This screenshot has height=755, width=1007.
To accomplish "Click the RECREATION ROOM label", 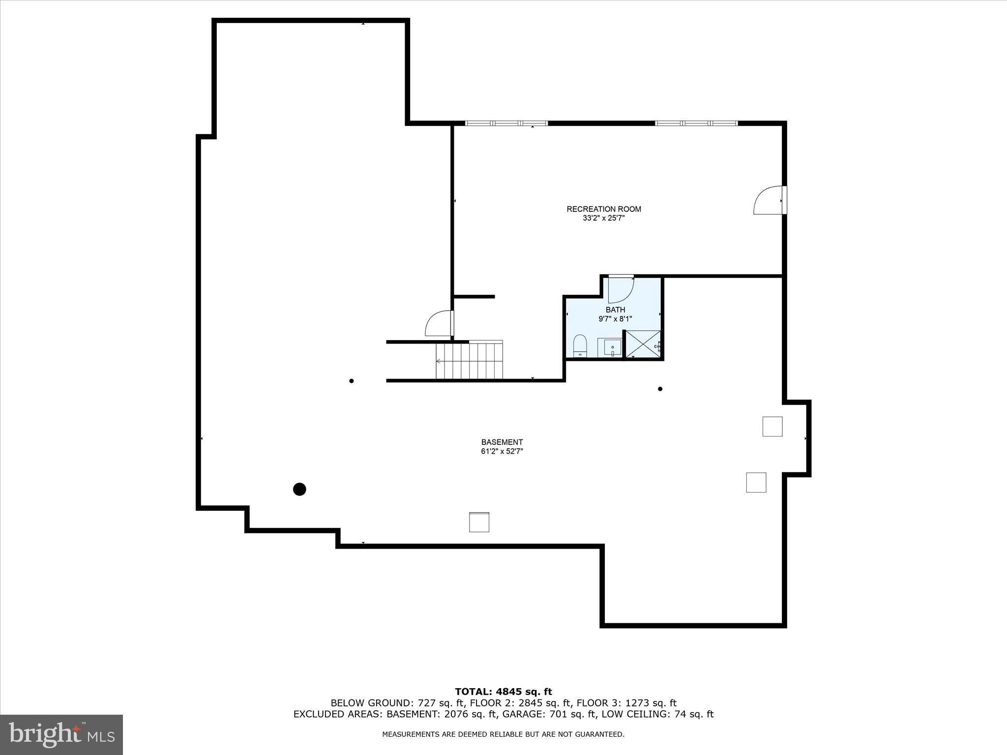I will point(603,209).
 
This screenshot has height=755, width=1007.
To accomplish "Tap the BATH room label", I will point(615,310).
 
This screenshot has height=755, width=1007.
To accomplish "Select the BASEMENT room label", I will point(502,442).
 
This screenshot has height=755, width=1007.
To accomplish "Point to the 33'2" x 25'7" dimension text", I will point(603,218).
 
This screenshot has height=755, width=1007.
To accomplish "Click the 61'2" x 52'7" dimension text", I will point(502,451).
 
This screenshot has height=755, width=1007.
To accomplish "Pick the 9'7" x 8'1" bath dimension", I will point(615,319).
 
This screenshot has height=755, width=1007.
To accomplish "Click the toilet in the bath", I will point(580,345).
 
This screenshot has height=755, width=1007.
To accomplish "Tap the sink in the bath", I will point(610,347).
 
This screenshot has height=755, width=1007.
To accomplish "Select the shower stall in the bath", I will point(643,344).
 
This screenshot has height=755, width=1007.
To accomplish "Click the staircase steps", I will point(470,361).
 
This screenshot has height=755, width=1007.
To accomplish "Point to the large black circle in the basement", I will point(299,489).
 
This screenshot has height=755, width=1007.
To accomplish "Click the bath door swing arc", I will point(621,290).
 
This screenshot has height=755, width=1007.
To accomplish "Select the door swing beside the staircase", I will point(439,323).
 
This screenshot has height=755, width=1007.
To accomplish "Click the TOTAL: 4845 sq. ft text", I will point(503,692).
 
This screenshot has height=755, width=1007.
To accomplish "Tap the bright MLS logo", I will point(61,734).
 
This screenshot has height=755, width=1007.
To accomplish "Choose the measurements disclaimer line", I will point(503,734).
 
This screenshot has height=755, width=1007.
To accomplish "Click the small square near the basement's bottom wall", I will point(479,522).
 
